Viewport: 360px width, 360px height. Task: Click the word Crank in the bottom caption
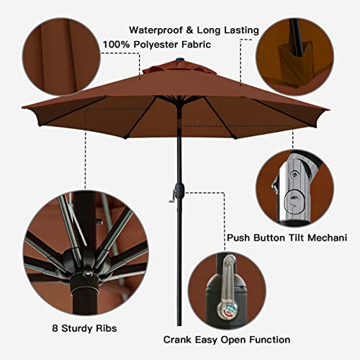[179, 339]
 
